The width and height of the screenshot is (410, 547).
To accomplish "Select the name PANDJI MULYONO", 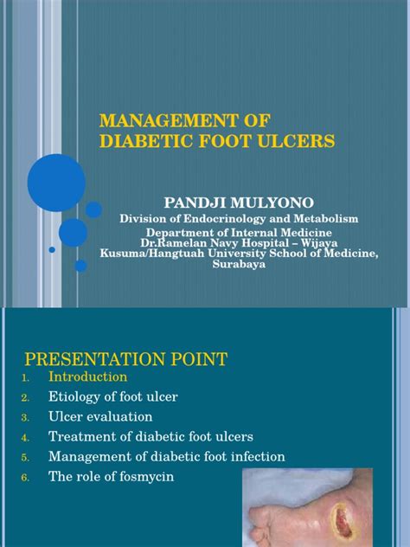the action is (x=239, y=203).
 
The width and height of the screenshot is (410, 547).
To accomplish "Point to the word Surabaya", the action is (x=239, y=264).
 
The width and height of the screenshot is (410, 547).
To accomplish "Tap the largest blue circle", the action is (x=56, y=183).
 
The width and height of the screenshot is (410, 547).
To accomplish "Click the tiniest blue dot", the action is (x=52, y=250).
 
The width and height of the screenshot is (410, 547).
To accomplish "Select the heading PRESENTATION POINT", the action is (x=126, y=359).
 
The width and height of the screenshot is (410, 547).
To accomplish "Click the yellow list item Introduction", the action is (x=88, y=376).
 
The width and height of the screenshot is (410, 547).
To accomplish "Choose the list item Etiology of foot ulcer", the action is (x=113, y=396).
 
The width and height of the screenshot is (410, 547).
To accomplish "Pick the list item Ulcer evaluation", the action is (x=100, y=416).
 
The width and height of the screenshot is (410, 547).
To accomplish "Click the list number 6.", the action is (x=25, y=477).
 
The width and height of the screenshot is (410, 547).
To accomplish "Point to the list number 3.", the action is (x=25, y=417).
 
